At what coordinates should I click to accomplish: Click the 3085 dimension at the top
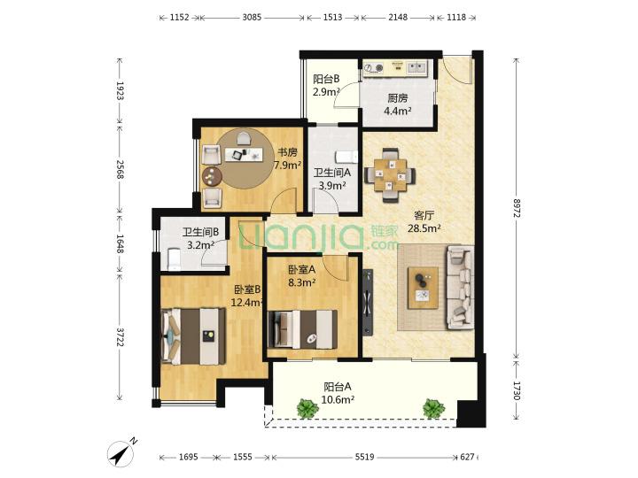(252, 18)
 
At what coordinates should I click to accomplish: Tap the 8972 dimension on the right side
(517, 208)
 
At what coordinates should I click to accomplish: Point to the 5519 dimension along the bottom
(364, 457)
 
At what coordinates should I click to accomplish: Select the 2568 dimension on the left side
(121, 169)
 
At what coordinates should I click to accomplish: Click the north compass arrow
(122, 452)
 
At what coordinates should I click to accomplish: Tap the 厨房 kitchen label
(397, 98)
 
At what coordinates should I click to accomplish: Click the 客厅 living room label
(424, 215)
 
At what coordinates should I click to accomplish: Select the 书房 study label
(287, 152)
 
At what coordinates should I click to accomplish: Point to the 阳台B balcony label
(326, 79)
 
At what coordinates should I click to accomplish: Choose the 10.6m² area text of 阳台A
(338, 400)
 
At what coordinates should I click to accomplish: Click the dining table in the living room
(390, 174)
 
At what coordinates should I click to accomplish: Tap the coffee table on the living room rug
(424, 288)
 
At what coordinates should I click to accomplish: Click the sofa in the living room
(460, 287)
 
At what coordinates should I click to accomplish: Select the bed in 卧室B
(194, 336)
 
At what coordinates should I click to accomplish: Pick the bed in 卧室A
(303, 329)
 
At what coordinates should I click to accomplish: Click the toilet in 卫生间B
(175, 259)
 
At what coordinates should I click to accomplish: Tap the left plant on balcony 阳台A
(307, 408)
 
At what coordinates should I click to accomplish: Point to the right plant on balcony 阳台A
(433, 408)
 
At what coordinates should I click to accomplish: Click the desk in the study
(242, 154)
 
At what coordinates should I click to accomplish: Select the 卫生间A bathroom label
(332, 173)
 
